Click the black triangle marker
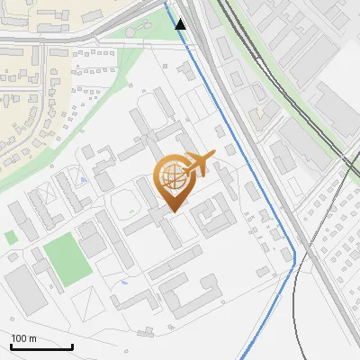181,23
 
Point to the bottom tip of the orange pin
171,211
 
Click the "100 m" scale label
23,338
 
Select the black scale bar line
41,346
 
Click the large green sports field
67,259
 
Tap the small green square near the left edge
11,238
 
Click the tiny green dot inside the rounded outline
131,212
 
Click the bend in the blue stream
294,261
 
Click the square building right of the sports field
92,242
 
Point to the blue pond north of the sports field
83,180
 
